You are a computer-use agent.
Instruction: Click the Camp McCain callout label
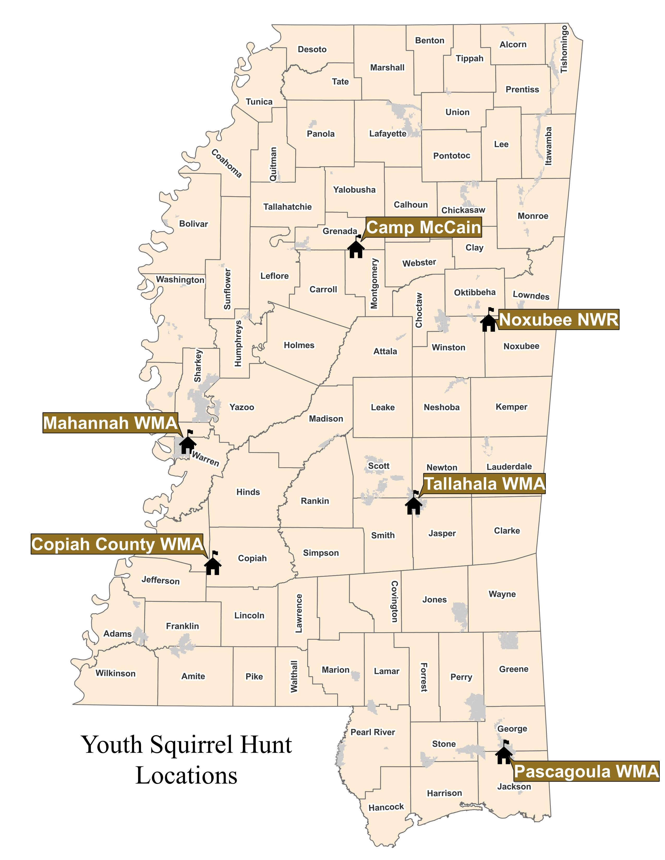pos(424,228)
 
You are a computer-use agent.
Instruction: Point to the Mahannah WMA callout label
pos(110,423)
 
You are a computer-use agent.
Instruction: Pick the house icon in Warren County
pos(188,444)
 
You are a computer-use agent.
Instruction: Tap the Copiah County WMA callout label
pos(117,544)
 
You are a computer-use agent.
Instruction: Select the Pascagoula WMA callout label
pos(586,771)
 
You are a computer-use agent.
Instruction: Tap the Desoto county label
pos(312,50)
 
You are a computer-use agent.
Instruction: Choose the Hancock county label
pos(386,807)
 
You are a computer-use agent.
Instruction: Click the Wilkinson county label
pos(116,673)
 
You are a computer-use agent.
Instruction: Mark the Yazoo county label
pos(242,407)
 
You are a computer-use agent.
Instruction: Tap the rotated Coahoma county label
pos(227,163)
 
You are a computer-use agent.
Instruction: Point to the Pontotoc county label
pos(451,156)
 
